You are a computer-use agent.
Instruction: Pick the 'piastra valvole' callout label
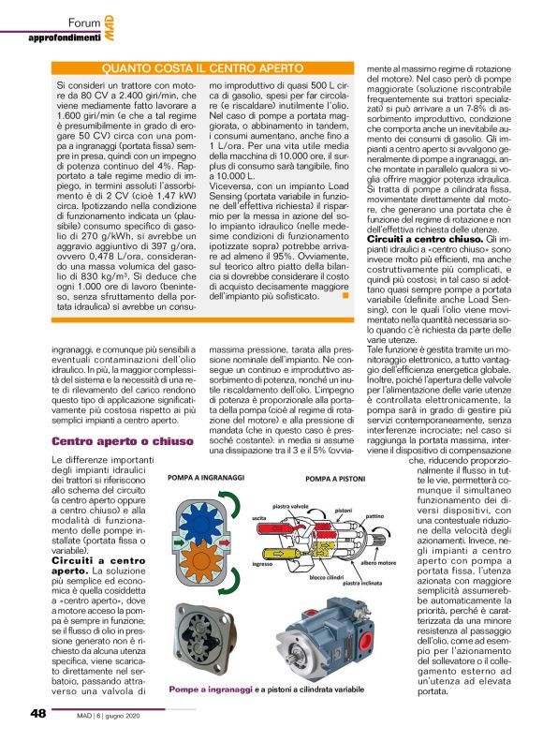pos(291,506)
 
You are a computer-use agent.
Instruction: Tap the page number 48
pos(37,713)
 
